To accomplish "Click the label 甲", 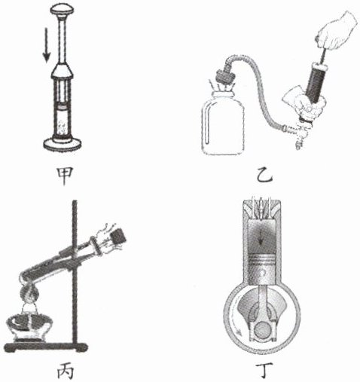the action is (65, 176).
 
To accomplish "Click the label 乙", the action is (264, 175).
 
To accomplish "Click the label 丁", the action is (264, 370).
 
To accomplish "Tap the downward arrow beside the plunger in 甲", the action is (46, 45).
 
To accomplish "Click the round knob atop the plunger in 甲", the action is (62, 10).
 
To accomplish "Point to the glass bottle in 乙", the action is (223, 122).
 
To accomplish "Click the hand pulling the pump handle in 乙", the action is (337, 31).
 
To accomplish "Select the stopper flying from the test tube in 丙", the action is (118, 237).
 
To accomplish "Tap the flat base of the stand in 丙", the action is (46, 347).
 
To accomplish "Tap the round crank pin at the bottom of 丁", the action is (262, 330).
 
